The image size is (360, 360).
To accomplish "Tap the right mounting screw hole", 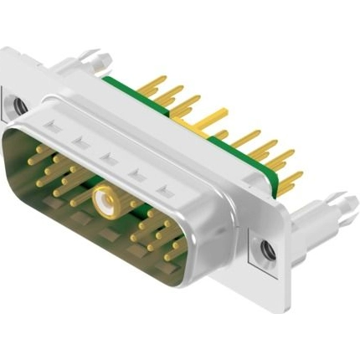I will click(x=267, y=249).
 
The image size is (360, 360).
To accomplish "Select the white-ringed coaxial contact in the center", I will click(x=105, y=201).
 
